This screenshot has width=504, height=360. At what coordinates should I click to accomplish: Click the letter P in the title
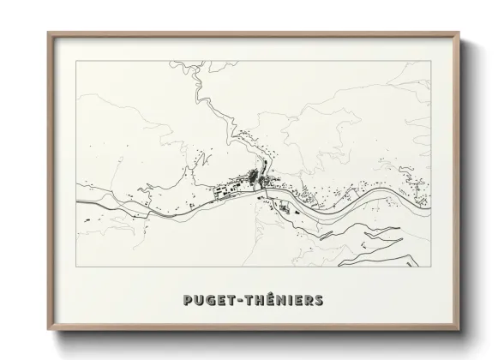(x=188, y=300)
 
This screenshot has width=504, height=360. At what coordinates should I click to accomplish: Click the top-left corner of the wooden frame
(x=48, y=33)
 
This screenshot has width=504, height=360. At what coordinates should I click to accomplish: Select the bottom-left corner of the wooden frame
(x=48, y=331)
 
